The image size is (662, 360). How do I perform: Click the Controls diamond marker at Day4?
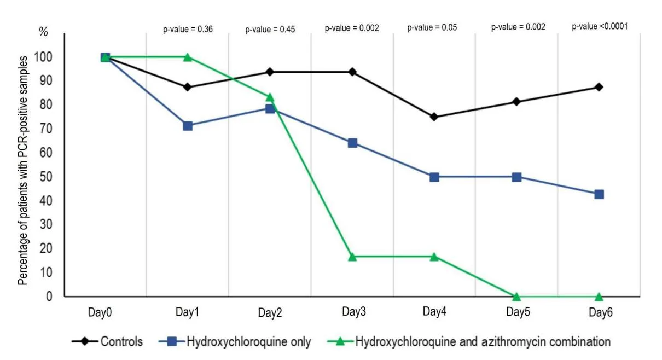(434, 117)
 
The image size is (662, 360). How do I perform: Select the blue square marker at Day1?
(188, 126)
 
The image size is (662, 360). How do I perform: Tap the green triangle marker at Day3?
(352, 257)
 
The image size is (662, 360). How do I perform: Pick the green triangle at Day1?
(188, 57)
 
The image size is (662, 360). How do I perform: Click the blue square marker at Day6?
(599, 194)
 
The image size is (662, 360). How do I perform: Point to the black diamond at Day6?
(599, 87)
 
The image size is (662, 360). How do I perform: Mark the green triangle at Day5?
(516, 297)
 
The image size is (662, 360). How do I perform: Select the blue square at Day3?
(352, 143)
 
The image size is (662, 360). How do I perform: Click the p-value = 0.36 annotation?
(188, 29)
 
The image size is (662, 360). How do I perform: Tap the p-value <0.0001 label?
(600, 26)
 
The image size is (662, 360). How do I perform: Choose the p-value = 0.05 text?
(432, 27)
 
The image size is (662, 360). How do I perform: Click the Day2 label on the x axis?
(270, 312)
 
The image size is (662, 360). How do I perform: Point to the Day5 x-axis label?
(518, 312)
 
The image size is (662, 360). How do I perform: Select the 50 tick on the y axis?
(46, 177)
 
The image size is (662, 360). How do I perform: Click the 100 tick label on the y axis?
(43, 57)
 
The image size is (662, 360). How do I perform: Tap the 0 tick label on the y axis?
(49, 296)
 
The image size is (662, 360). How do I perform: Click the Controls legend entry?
(107, 342)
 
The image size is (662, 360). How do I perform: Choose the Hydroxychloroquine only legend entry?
(235, 342)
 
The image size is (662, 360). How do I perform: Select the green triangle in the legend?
(340, 342)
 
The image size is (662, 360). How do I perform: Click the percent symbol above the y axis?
(43, 31)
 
